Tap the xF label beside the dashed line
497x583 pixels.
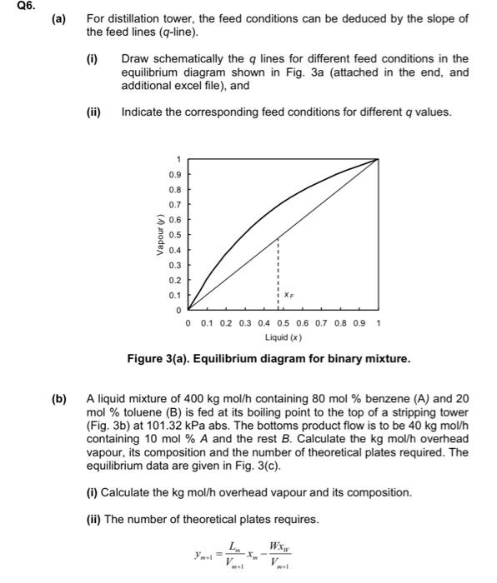pyautogui.click(x=288, y=294)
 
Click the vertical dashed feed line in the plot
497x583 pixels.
pyautogui.click(x=279, y=267)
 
